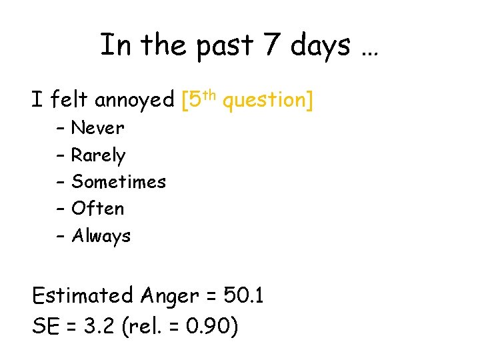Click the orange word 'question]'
tap(267, 101)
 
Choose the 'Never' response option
tap(97, 127)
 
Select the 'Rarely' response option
tap(98, 155)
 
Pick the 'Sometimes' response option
tap(119, 181)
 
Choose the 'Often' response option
tap(97, 209)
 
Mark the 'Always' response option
tap(101, 236)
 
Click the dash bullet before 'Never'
tap(60, 128)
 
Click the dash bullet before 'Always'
tap(60, 236)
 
